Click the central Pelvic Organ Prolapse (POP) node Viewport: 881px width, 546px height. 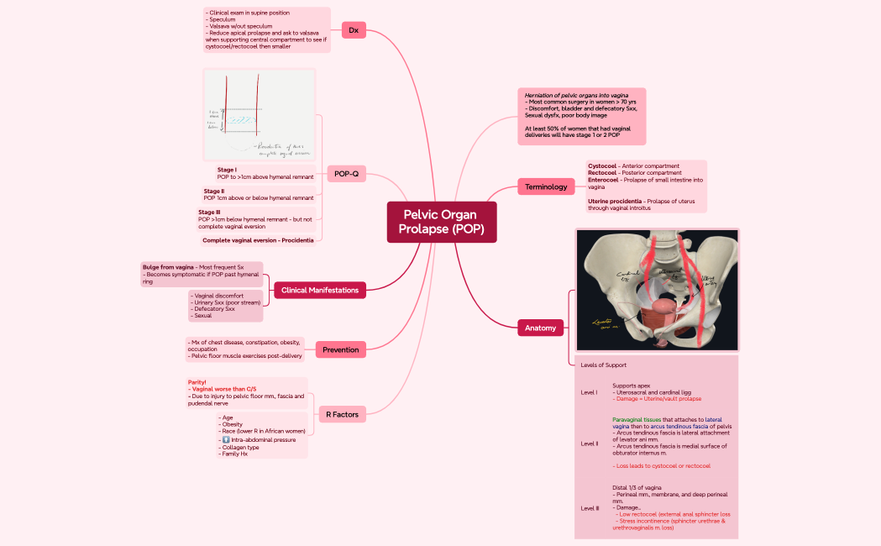442,222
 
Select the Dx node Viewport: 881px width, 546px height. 354,30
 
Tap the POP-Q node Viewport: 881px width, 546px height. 346,174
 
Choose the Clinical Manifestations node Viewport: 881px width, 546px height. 319,290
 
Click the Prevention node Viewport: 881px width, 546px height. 340,349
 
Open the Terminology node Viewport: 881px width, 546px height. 546,186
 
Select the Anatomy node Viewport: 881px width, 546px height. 540,328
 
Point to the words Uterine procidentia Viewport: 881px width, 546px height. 616,201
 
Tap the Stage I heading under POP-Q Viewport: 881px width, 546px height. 227,170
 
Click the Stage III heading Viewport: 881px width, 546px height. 211,212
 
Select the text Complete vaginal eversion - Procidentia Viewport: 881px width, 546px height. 258,240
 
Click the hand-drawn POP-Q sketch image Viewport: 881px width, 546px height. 260,114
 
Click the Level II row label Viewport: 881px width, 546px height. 589,443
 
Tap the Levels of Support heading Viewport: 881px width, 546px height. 603,365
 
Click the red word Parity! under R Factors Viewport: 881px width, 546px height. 197,382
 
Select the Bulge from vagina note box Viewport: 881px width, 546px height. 202,274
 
